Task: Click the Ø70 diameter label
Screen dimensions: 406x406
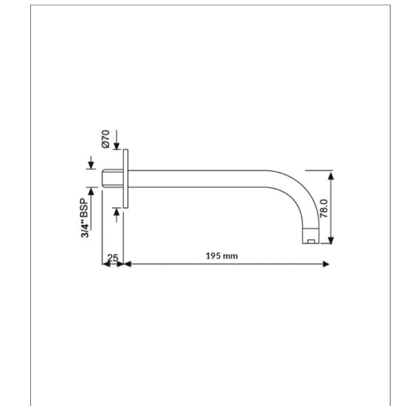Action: coord(106,138)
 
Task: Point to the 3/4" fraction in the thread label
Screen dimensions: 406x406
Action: coord(84,229)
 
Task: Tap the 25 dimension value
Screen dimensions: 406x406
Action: coord(113,257)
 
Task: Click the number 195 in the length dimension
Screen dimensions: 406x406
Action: coord(214,256)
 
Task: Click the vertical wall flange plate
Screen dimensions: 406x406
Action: coord(125,179)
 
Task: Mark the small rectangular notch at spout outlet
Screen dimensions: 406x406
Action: coord(311,242)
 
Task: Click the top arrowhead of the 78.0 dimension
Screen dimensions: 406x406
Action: coord(331,176)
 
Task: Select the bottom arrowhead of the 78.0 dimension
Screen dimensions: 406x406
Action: coord(331,240)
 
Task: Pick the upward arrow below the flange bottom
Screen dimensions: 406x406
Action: coord(117,212)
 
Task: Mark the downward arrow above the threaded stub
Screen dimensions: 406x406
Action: coord(91,165)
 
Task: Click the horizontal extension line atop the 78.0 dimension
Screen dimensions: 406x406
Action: coord(319,171)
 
